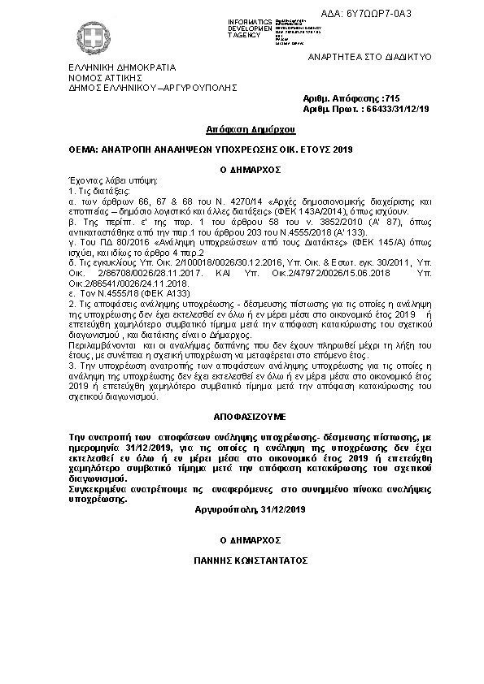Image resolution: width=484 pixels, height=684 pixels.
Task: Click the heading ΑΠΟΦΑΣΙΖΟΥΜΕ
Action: click(242, 413)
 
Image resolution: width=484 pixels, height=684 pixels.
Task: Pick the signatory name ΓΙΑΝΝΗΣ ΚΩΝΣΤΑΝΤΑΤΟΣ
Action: click(242, 561)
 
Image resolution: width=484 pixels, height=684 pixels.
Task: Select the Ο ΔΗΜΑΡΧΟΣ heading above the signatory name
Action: click(242, 539)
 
